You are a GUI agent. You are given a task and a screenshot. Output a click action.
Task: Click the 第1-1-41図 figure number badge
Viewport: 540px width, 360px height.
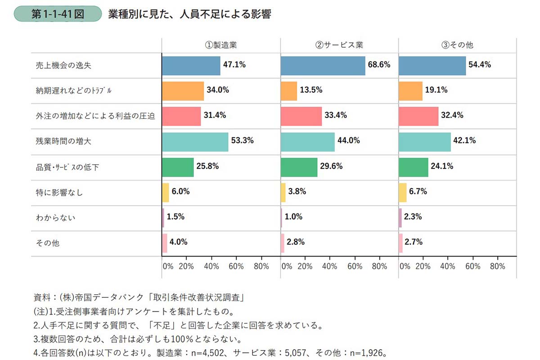pos(58,13)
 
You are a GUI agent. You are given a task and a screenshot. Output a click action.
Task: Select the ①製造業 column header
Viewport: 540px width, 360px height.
pos(220,45)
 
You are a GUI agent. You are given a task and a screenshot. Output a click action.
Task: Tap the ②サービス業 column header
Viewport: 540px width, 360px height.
pos(339,45)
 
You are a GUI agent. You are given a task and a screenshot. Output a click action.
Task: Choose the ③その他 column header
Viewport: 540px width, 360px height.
pos(458,45)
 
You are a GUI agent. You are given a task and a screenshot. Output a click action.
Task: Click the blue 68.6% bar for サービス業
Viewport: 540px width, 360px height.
pos(323,65)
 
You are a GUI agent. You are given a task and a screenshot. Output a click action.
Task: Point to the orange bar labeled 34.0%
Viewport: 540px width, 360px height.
pos(183,90)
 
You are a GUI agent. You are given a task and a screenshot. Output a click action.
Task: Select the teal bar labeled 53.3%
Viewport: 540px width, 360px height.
pos(195,141)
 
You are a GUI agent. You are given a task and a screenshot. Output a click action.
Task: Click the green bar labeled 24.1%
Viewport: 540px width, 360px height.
pos(413,167)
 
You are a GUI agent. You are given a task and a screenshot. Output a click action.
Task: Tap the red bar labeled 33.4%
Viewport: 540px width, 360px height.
pos(301,116)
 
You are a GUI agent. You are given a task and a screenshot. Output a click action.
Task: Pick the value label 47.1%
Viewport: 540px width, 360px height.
pos(234,65)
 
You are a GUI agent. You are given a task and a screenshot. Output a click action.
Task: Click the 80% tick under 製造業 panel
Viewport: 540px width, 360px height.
pos(261,266)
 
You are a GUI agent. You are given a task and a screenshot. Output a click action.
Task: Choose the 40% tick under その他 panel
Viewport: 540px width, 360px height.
pos(447,266)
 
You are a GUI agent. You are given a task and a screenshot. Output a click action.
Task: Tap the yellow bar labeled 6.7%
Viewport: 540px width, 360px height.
pos(402,192)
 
